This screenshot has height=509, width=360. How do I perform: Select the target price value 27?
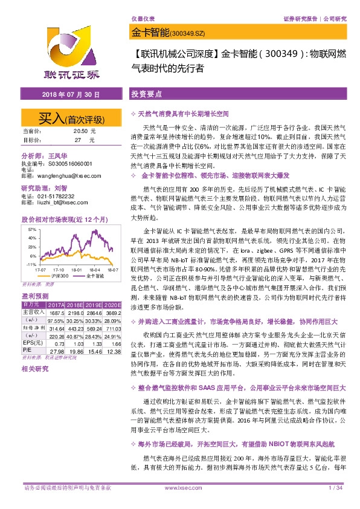pyautogui.click(x=77, y=140)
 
